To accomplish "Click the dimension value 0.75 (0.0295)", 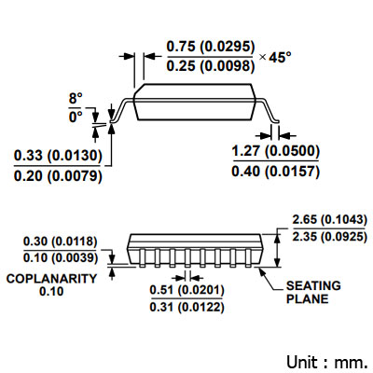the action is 211,47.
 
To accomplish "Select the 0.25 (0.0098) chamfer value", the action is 211,66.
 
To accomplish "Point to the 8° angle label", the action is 76,99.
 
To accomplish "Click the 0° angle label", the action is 76,117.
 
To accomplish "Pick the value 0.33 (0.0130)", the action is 58,156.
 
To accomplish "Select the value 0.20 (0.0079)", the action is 58,176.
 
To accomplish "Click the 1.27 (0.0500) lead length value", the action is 276,151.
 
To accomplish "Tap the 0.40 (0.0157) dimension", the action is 276,172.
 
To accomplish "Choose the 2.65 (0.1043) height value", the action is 329,220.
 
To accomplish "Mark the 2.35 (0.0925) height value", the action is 329,237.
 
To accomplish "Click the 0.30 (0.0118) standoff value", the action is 61,242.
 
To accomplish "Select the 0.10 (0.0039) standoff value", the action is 61,257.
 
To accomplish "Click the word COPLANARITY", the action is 51,279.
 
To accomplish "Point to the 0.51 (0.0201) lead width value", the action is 186,290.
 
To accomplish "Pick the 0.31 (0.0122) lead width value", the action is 186,307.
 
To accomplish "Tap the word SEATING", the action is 313,285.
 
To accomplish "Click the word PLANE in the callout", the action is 307,299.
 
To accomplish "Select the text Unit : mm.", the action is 326,362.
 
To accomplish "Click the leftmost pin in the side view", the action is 142,258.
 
